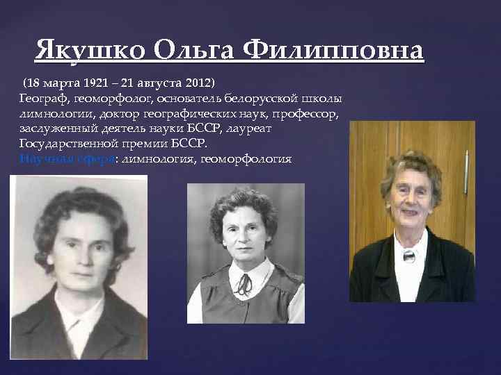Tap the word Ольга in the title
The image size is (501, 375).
click(x=196, y=51)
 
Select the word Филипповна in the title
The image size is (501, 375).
click(x=333, y=51)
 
